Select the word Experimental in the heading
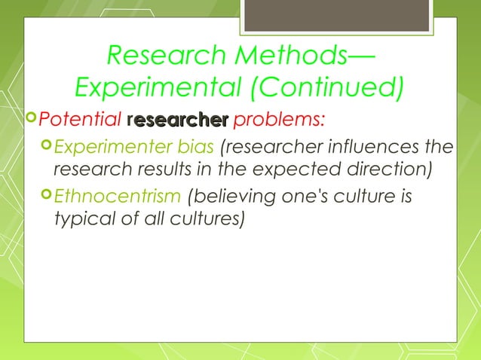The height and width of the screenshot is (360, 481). coord(152,88)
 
